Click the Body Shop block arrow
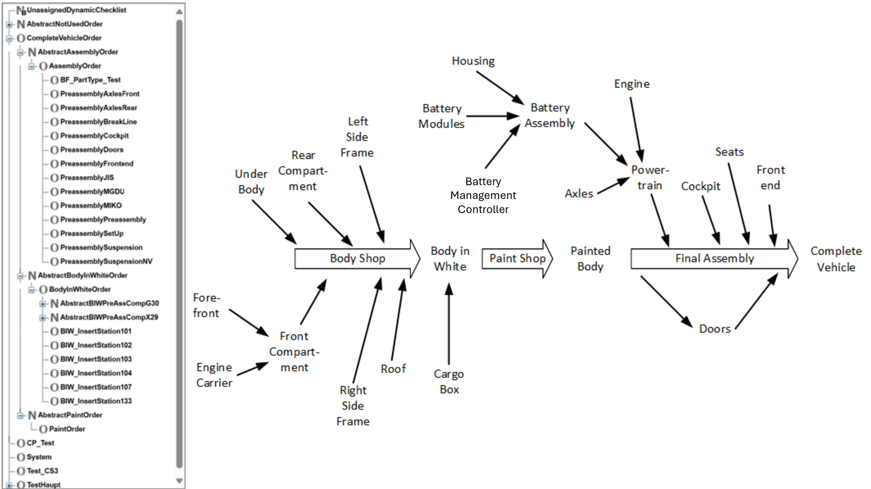(x=357, y=258)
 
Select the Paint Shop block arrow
(x=517, y=258)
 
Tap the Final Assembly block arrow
(x=714, y=258)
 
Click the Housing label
(x=473, y=61)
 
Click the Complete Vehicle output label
(x=836, y=259)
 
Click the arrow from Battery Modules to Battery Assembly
(x=492, y=116)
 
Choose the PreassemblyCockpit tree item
(x=94, y=136)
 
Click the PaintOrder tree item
(x=67, y=429)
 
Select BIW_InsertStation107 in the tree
(x=96, y=387)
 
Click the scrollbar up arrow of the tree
(x=179, y=12)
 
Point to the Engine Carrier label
(x=214, y=375)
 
